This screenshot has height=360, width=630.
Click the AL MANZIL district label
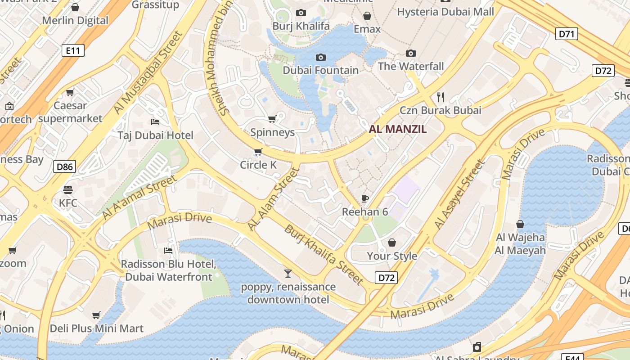point(398,130)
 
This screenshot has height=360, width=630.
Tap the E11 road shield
point(73,50)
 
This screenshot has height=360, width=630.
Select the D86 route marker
point(64,167)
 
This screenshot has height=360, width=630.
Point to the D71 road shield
point(567,34)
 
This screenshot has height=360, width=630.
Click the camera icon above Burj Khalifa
point(301,13)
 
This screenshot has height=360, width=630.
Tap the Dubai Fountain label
point(320,70)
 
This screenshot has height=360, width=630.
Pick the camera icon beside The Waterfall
point(410,54)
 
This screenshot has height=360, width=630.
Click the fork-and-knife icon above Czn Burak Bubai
point(441,97)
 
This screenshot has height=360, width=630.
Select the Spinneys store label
point(272,132)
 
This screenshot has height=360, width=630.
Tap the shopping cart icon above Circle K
point(258,152)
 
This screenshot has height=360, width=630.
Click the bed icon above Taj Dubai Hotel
point(155,122)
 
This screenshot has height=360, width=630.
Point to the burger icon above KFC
point(68,189)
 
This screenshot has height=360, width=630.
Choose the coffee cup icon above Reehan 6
point(365,198)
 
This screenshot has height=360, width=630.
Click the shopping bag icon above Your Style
point(392,243)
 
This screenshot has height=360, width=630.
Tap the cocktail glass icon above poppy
point(288,273)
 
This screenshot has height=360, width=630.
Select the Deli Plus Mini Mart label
point(97,328)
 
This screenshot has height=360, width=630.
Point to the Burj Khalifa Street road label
point(323,255)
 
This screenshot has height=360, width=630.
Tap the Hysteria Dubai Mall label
point(445,12)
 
